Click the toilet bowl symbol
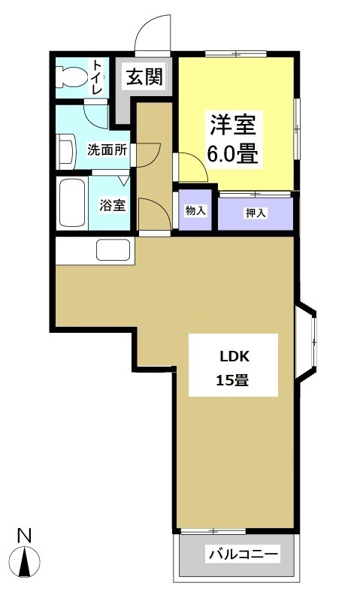[x=70, y=77]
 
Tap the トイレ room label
[x=97, y=77]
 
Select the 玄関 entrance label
[x=144, y=77]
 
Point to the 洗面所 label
[x=107, y=150]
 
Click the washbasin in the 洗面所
[x=65, y=152]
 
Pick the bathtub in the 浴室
[x=74, y=203]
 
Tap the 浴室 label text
[x=112, y=205]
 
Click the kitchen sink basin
[x=113, y=249]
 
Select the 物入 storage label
[x=195, y=210]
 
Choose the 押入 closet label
[x=256, y=213]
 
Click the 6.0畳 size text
[x=232, y=154]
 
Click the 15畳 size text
[x=232, y=380]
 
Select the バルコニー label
[x=244, y=554]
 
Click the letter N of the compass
[x=25, y=536]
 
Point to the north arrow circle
[x=25, y=560]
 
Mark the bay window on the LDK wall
[x=306, y=342]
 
